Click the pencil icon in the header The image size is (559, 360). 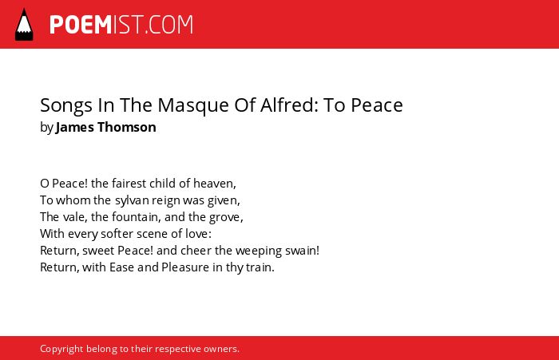tap(24, 24)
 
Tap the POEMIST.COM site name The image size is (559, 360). tap(121, 25)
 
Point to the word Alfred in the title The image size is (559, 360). tap(289, 105)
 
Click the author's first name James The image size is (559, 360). tap(75, 127)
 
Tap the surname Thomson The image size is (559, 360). tap(126, 127)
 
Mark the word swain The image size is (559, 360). tap(302, 251)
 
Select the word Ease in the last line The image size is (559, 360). tap(121, 267)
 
